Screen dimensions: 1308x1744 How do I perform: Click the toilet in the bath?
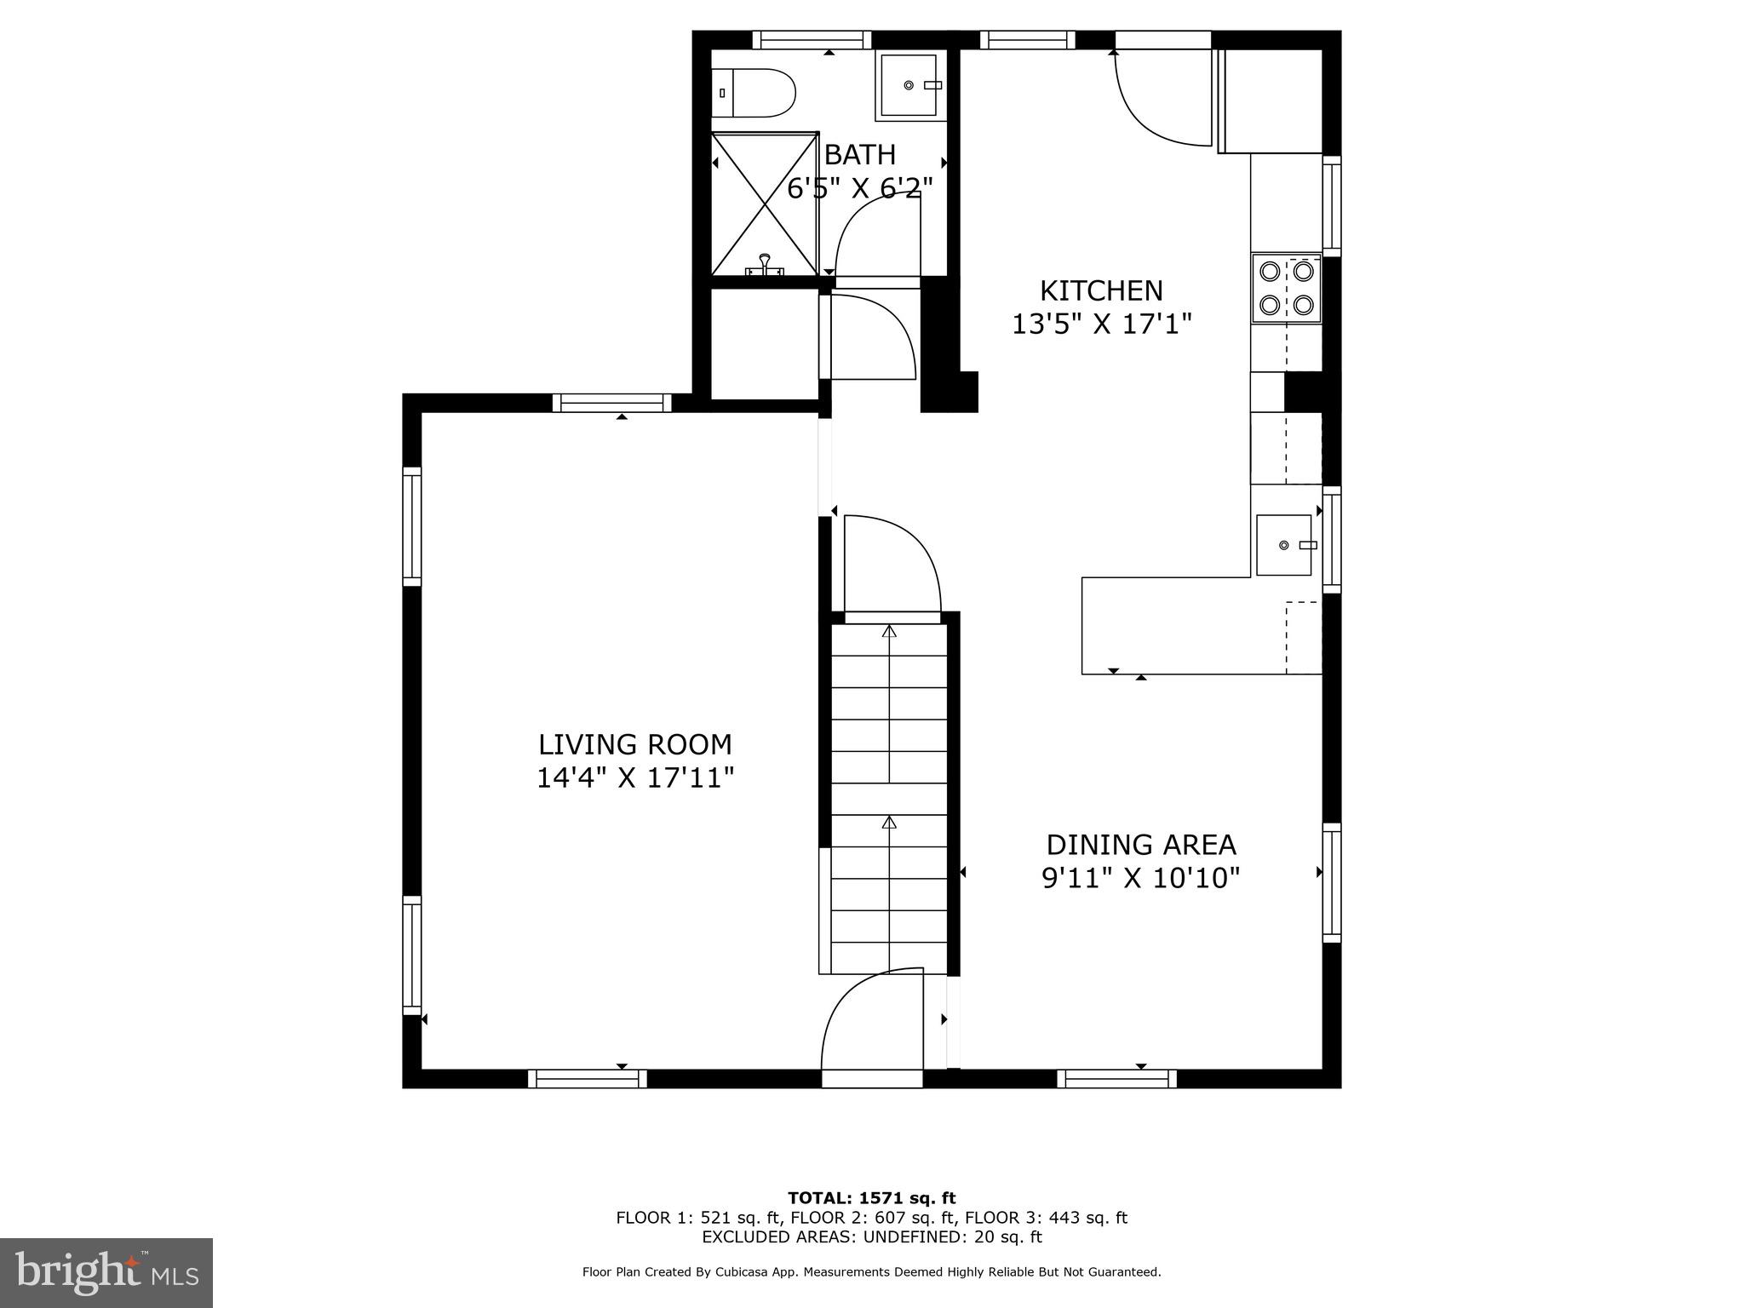click(754, 94)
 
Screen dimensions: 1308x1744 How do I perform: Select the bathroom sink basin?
click(909, 85)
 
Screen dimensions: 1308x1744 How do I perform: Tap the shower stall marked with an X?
click(764, 204)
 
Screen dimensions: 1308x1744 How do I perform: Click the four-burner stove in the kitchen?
click(1285, 289)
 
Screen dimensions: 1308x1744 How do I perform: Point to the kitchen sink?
click(1283, 545)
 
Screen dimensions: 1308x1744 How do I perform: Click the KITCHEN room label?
click(1100, 291)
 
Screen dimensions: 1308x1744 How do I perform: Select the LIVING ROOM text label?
click(634, 745)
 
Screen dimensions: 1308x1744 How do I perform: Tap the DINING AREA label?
click(1140, 845)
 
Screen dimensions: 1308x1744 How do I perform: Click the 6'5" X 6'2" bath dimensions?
click(859, 188)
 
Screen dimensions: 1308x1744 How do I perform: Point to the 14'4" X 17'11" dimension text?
click(634, 778)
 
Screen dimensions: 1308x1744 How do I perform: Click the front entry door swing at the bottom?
click(870, 1029)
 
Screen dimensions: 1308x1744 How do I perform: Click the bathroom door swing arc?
click(877, 238)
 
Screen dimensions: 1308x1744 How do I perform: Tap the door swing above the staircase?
click(892, 564)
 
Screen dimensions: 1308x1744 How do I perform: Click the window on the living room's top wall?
click(611, 403)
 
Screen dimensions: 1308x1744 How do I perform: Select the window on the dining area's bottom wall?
click(1116, 1079)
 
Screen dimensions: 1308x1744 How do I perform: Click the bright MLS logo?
click(106, 1273)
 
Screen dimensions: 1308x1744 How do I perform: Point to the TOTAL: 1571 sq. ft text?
click(871, 1199)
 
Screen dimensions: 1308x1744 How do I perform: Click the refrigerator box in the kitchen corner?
click(1271, 101)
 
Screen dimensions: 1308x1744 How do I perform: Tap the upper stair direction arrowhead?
click(889, 631)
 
